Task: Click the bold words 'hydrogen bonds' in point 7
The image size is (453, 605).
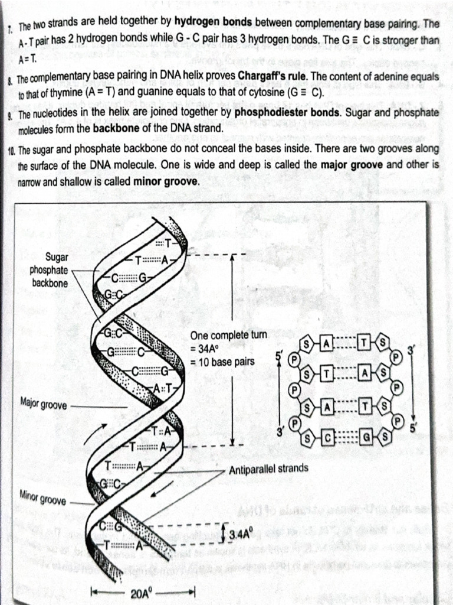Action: coord(214,22)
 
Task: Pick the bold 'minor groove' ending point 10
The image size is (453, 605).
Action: coord(166,182)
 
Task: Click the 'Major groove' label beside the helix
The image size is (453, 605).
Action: coord(44,405)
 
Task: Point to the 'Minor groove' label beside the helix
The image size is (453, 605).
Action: coord(43,500)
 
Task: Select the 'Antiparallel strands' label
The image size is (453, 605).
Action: coord(268,469)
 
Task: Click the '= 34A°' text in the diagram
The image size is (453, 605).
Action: coord(205,348)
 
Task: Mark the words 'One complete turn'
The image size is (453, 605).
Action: coord(228,335)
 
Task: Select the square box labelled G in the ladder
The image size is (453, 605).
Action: coord(366,438)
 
